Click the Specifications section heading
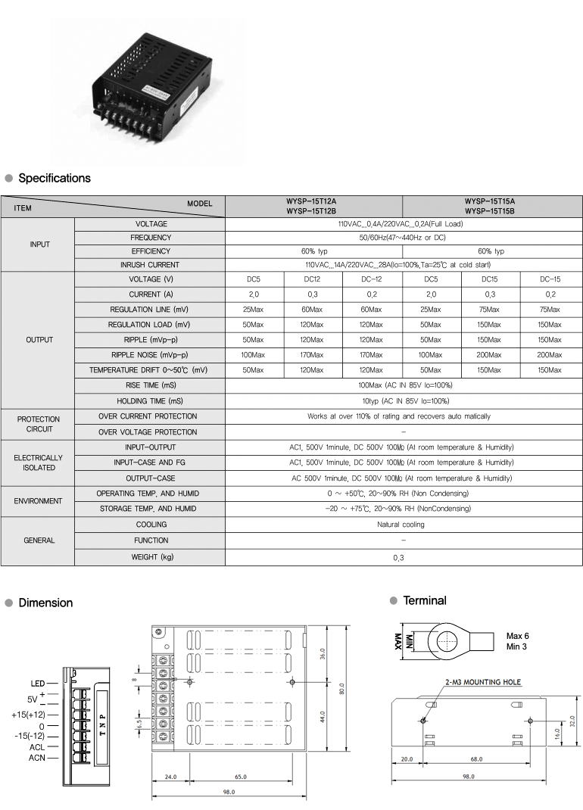54,178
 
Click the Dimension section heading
45,603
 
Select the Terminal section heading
424,600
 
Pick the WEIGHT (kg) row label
151,557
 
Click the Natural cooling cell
403,525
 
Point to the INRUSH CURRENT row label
151,265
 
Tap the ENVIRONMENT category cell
38,501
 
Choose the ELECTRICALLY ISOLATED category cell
38,463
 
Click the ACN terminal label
37,757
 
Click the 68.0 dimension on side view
476,759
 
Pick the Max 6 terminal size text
518,636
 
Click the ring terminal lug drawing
454,642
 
